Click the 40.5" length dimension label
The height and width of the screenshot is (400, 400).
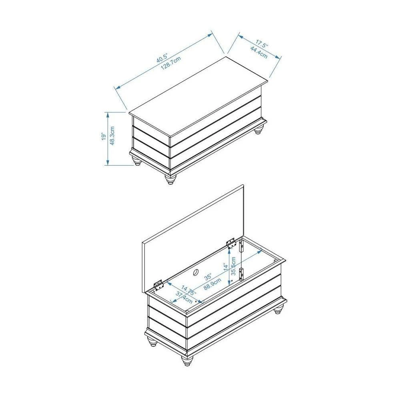(x=162, y=58)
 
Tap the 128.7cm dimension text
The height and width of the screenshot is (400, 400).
(x=171, y=63)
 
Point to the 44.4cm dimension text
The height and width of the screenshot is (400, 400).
(x=258, y=52)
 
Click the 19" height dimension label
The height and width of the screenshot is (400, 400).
(x=103, y=136)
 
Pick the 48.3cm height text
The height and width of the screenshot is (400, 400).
(x=112, y=136)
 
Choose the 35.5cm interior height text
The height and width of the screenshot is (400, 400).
(x=233, y=266)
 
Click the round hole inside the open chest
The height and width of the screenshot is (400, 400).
(x=196, y=272)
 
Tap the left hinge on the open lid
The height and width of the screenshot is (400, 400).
(x=158, y=285)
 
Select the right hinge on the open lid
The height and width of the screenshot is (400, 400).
(x=231, y=243)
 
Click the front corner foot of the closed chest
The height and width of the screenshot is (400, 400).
(x=170, y=179)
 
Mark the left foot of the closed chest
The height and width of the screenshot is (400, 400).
(x=137, y=161)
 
